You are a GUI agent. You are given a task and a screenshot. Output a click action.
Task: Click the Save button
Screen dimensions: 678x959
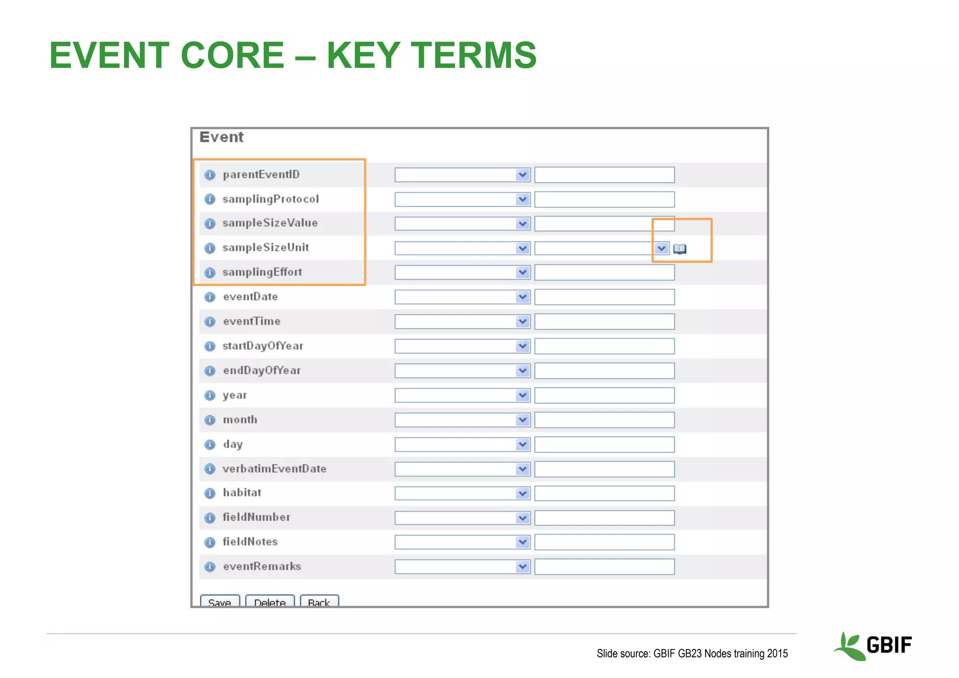tap(220, 602)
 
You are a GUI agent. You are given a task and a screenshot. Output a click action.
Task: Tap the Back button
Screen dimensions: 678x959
tap(319, 602)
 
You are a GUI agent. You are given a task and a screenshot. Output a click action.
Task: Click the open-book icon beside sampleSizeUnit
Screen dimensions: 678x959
tap(679, 249)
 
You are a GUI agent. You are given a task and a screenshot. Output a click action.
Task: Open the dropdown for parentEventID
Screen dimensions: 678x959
tap(462, 175)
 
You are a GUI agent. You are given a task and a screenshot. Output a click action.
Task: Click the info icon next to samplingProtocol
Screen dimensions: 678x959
tap(210, 200)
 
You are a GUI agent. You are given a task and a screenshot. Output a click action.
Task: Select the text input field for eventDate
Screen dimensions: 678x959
tap(604, 297)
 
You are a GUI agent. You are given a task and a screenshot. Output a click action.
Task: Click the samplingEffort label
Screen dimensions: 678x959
tap(262, 272)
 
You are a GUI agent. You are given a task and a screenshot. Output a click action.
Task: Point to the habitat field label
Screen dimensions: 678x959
tap(242, 492)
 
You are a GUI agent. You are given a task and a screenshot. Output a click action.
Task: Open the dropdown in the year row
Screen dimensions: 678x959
tap(462, 395)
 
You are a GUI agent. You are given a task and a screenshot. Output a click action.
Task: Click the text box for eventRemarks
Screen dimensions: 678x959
tap(604, 566)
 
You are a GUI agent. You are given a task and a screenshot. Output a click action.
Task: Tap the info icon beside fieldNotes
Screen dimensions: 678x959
tap(210, 542)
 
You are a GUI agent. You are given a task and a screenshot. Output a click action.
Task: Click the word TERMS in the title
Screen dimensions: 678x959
tap(473, 55)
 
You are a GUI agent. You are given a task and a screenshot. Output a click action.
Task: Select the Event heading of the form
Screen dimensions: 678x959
tap(221, 137)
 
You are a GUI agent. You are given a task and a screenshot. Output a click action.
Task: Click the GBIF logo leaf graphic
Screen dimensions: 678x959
tap(848, 646)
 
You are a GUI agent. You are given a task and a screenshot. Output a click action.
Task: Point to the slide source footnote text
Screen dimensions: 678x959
tap(692, 654)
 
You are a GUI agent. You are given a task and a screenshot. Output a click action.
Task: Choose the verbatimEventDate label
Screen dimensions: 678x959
tap(274, 469)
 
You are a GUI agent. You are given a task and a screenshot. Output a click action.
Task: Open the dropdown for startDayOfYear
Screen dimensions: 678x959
tap(462, 346)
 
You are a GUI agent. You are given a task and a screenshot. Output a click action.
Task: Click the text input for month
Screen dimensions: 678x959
tap(604, 420)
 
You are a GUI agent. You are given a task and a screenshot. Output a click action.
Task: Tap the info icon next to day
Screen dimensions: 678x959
tap(210, 444)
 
